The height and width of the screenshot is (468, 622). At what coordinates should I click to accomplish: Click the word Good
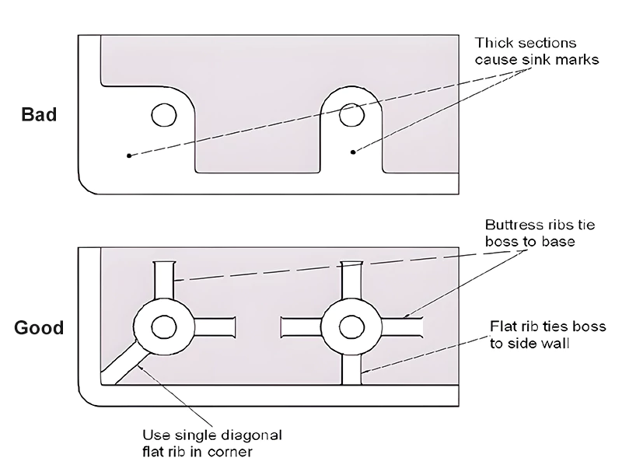pyautogui.click(x=39, y=327)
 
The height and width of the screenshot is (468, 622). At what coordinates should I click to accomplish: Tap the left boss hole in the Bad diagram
pyautogui.click(x=163, y=116)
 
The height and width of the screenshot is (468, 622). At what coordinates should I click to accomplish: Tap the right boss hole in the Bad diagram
pyautogui.click(x=351, y=116)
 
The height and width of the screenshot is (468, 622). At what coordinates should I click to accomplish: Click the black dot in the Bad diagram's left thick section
pyautogui.click(x=129, y=155)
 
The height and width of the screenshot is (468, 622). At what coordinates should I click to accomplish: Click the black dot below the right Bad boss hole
pyautogui.click(x=353, y=152)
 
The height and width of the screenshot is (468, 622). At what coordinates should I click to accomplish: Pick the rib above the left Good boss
pyautogui.click(x=163, y=280)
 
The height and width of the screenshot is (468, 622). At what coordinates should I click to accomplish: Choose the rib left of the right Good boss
pyautogui.click(x=299, y=327)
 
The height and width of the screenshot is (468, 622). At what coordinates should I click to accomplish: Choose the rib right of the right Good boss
pyautogui.click(x=401, y=327)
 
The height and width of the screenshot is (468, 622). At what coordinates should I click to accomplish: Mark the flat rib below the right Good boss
pyautogui.click(x=351, y=369)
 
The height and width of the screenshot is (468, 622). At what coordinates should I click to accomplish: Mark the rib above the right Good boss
pyautogui.click(x=351, y=280)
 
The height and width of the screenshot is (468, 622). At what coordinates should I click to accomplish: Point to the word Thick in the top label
pyautogui.click(x=491, y=43)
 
